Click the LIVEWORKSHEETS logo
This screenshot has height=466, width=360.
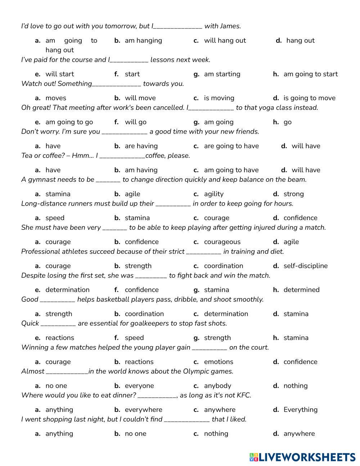(x=302, y=457)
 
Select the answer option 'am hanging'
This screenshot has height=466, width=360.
(x=143, y=40)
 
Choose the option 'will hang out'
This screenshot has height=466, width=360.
(x=225, y=40)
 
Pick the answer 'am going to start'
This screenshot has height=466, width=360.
(x=310, y=74)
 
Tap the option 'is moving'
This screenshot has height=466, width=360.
(x=219, y=98)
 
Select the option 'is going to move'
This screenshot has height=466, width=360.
(x=309, y=98)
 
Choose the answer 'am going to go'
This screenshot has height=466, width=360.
(x=69, y=122)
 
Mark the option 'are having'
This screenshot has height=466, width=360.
(x=141, y=146)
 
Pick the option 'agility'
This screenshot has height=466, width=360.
(x=213, y=194)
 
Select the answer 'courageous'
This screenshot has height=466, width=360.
(x=222, y=242)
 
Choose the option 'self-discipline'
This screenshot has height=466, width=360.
(x=305, y=266)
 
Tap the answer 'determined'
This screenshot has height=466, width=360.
(x=301, y=290)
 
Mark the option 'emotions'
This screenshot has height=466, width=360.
(x=219, y=362)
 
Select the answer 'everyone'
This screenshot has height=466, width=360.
(x=139, y=386)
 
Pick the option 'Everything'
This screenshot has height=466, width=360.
(x=300, y=409)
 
